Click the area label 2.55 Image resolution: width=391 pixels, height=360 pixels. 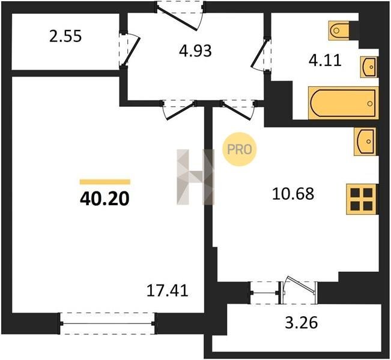coord(65,37)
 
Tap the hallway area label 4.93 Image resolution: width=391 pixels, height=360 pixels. coord(195,51)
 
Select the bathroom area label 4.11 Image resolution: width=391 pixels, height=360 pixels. coord(325,61)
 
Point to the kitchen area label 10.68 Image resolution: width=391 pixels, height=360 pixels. coord(293,194)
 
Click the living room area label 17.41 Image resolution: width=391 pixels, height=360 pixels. coord(167,290)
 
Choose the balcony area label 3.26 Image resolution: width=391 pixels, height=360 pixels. coord(302,323)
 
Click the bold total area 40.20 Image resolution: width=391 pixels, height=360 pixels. coord(105,199)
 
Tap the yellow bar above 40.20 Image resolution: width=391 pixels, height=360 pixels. coord(105,182)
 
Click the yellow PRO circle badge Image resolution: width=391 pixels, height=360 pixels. coord(240,149)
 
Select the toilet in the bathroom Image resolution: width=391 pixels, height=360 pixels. coord(339,31)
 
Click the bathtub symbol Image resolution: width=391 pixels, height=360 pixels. coord(344,103)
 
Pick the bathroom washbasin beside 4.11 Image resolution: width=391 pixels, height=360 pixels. coord(369,67)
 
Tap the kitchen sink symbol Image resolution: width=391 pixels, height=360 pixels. coord(365,142)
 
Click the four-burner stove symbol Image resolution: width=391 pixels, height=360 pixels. coord(362,199)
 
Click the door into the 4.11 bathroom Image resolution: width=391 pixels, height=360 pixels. coord(261,55)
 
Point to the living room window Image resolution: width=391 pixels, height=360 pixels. coord(108,323)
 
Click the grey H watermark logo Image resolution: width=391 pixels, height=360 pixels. coord(196,177)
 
